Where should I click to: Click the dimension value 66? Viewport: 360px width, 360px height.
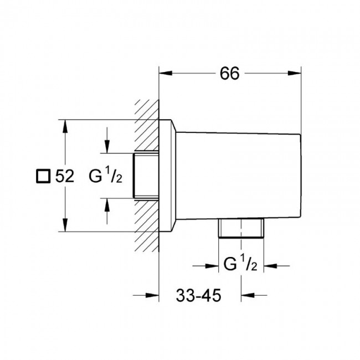click(x=230, y=74)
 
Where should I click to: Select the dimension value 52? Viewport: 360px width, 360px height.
click(x=65, y=176)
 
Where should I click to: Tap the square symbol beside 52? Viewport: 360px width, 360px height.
click(x=43, y=176)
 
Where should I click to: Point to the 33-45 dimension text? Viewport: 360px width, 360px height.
click(x=199, y=295)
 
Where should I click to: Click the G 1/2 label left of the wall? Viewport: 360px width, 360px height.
click(x=106, y=176)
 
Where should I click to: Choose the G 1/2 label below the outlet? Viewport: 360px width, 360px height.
click(x=240, y=264)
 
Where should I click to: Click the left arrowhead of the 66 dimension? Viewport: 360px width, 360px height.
click(x=166, y=73)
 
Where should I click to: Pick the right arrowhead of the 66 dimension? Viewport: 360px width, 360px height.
click(x=294, y=73)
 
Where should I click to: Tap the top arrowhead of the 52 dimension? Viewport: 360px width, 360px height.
click(x=65, y=126)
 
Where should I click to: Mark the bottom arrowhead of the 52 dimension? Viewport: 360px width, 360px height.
click(x=65, y=225)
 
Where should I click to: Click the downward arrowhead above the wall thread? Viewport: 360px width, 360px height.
click(x=107, y=146)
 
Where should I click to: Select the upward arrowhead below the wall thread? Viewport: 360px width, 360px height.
click(x=107, y=205)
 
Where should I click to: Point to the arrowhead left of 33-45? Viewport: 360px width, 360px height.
click(x=152, y=295)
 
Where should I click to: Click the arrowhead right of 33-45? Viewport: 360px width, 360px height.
click(x=248, y=295)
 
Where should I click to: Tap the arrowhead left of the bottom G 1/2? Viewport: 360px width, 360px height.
click(x=212, y=266)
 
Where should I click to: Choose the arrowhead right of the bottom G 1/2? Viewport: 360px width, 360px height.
click(x=270, y=266)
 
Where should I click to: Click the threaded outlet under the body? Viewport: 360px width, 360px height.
click(x=241, y=228)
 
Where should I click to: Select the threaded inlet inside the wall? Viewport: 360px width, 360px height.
click(x=146, y=176)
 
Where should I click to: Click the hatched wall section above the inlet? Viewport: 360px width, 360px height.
click(x=147, y=126)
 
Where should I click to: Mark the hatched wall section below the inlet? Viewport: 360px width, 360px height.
click(x=147, y=225)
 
